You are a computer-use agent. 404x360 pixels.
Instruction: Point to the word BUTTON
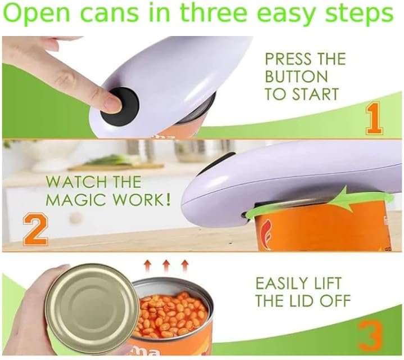296,76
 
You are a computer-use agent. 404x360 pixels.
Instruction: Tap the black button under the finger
119,101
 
